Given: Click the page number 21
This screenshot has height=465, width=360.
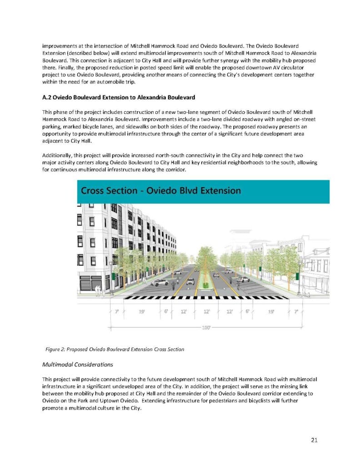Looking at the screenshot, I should click(314, 439).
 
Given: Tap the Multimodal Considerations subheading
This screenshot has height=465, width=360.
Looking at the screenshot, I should click(78, 364).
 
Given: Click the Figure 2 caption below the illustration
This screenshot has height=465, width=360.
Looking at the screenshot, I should click(115, 349).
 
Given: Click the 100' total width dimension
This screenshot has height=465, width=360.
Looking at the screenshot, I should click(205, 326).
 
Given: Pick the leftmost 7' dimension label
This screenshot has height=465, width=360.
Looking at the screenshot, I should click(117, 312).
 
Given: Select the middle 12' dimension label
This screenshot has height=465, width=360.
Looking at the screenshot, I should click(206, 312).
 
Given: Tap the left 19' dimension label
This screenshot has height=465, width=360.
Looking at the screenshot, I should click(141, 312).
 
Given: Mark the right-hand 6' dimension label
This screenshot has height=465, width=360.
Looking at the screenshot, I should click(247, 312).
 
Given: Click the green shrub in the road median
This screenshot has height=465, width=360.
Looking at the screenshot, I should click(205, 285).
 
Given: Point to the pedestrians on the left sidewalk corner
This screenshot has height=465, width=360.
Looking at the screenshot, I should click(99, 290).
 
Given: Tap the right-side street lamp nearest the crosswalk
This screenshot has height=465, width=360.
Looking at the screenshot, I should click(298, 277).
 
